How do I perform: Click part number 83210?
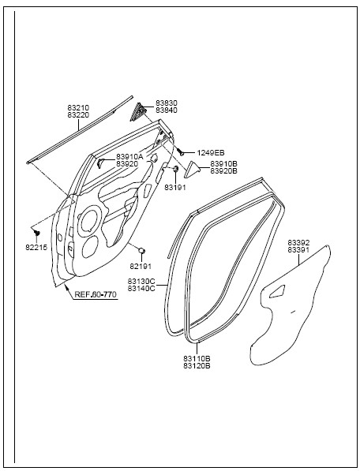[x=78, y=107]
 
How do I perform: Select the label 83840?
[x=166, y=110]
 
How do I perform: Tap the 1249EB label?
[x=211, y=153]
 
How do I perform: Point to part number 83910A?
[x=129, y=156]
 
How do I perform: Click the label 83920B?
[x=223, y=171]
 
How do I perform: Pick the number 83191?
[x=175, y=188]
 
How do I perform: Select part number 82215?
[x=36, y=248]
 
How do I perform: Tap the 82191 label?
[x=141, y=266]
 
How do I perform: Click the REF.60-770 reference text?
[x=96, y=294]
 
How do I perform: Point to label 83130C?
[x=141, y=282]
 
